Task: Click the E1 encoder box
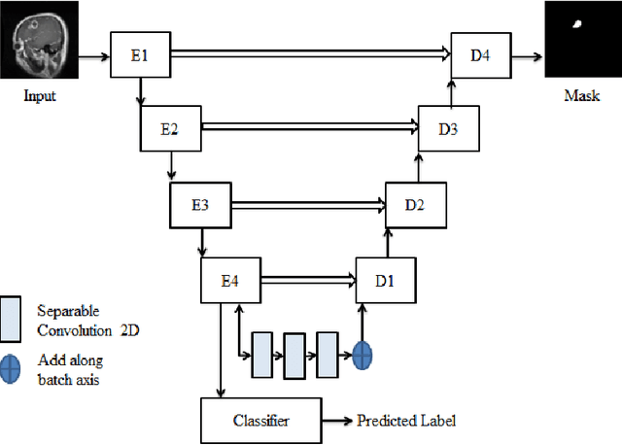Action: coord(141,55)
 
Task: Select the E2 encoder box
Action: coord(171,128)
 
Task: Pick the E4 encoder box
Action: coord(230,280)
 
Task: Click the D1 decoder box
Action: coord(386,280)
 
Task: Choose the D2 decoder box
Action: coord(417,204)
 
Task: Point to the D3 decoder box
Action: coord(447,128)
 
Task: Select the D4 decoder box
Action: coord(480,55)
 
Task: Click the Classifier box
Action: coord(261,421)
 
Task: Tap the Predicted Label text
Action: coord(405,421)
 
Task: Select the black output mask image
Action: coord(582,40)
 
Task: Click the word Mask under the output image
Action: coord(581,96)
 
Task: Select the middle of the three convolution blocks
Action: coord(294,354)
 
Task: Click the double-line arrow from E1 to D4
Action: coord(311,55)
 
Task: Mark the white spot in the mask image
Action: coord(580,23)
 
